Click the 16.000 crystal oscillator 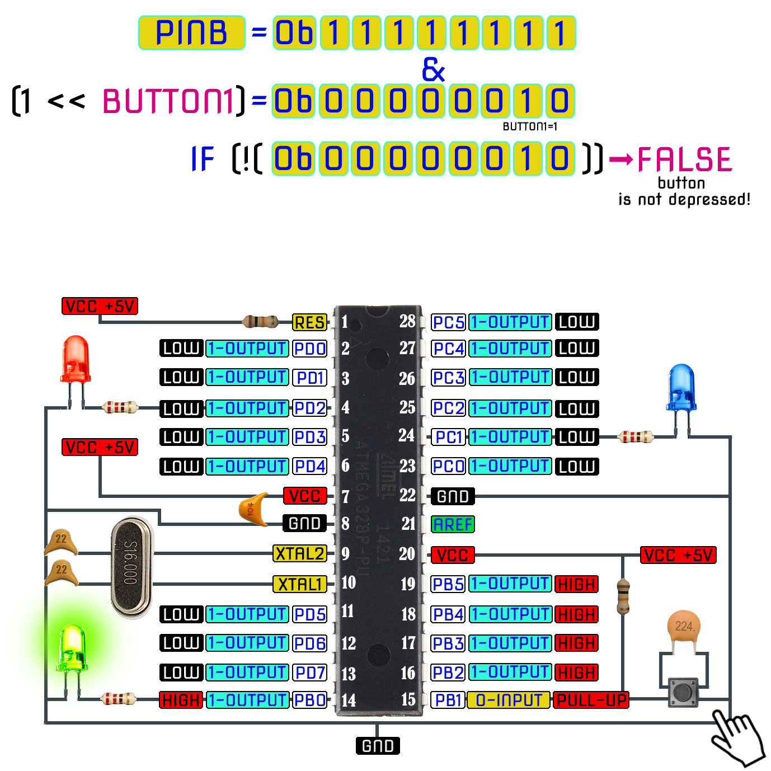pos(131,568)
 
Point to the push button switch pos(683,693)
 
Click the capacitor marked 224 pos(684,628)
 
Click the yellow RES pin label pos(309,322)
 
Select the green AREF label pos(453,524)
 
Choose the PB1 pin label pos(448,700)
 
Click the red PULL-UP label pos(591,700)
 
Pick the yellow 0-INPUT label pos(509,700)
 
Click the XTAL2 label pos(300,554)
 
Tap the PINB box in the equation pos(191,32)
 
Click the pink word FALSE pos(684,159)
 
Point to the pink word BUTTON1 pos(168,101)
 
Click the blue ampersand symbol pos(433,69)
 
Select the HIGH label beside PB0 pos(181,700)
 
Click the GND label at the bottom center pos(378,746)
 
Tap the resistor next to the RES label pos(260,321)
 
